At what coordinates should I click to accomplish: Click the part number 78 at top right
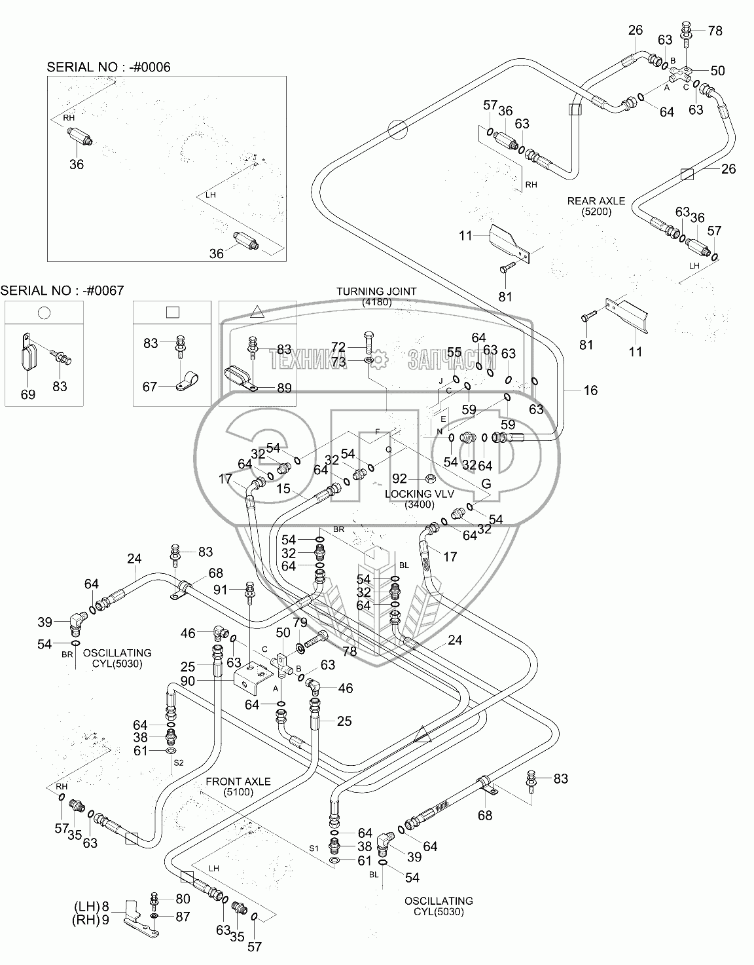point(715,30)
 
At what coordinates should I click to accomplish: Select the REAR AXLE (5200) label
point(596,206)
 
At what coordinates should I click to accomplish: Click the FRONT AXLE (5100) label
point(238,787)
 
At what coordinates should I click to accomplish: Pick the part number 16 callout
point(590,390)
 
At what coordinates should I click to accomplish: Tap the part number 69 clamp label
point(27,394)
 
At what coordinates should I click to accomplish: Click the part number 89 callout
point(283,388)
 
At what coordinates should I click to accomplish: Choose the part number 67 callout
point(150,387)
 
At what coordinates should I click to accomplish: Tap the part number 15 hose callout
point(282,489)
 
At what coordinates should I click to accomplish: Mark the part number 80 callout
point(183,899)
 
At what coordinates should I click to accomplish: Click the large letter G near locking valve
point(486,483)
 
